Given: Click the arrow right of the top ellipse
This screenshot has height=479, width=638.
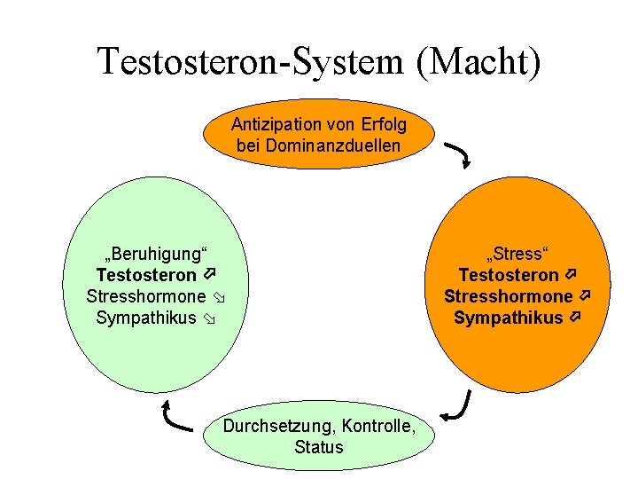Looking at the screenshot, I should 458,154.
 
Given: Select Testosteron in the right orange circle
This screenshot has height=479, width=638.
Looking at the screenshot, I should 508,276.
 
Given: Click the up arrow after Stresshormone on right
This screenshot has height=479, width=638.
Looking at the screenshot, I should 585,295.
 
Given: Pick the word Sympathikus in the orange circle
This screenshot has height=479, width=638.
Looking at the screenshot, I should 508,317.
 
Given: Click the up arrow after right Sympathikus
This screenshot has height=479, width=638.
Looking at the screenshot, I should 575,317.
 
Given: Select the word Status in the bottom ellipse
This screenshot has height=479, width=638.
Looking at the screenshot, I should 318,447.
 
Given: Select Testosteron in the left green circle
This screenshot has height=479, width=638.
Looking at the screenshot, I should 145,276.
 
